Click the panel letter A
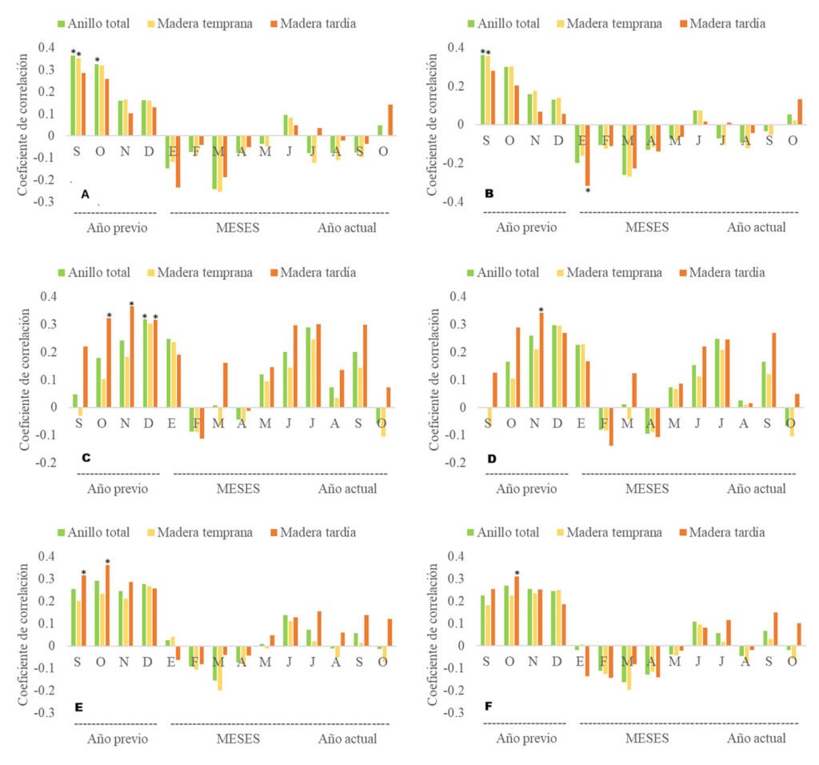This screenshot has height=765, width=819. coord(86,194)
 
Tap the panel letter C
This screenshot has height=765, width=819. coord(86,458)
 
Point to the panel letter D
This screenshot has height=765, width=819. coord(491,459)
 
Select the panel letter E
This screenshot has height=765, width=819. coord(84,707)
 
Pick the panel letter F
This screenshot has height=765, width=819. coord(490,707)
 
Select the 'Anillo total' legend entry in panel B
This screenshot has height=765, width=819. coord(501,23)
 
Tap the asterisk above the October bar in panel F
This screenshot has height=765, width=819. coord(517,573)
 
